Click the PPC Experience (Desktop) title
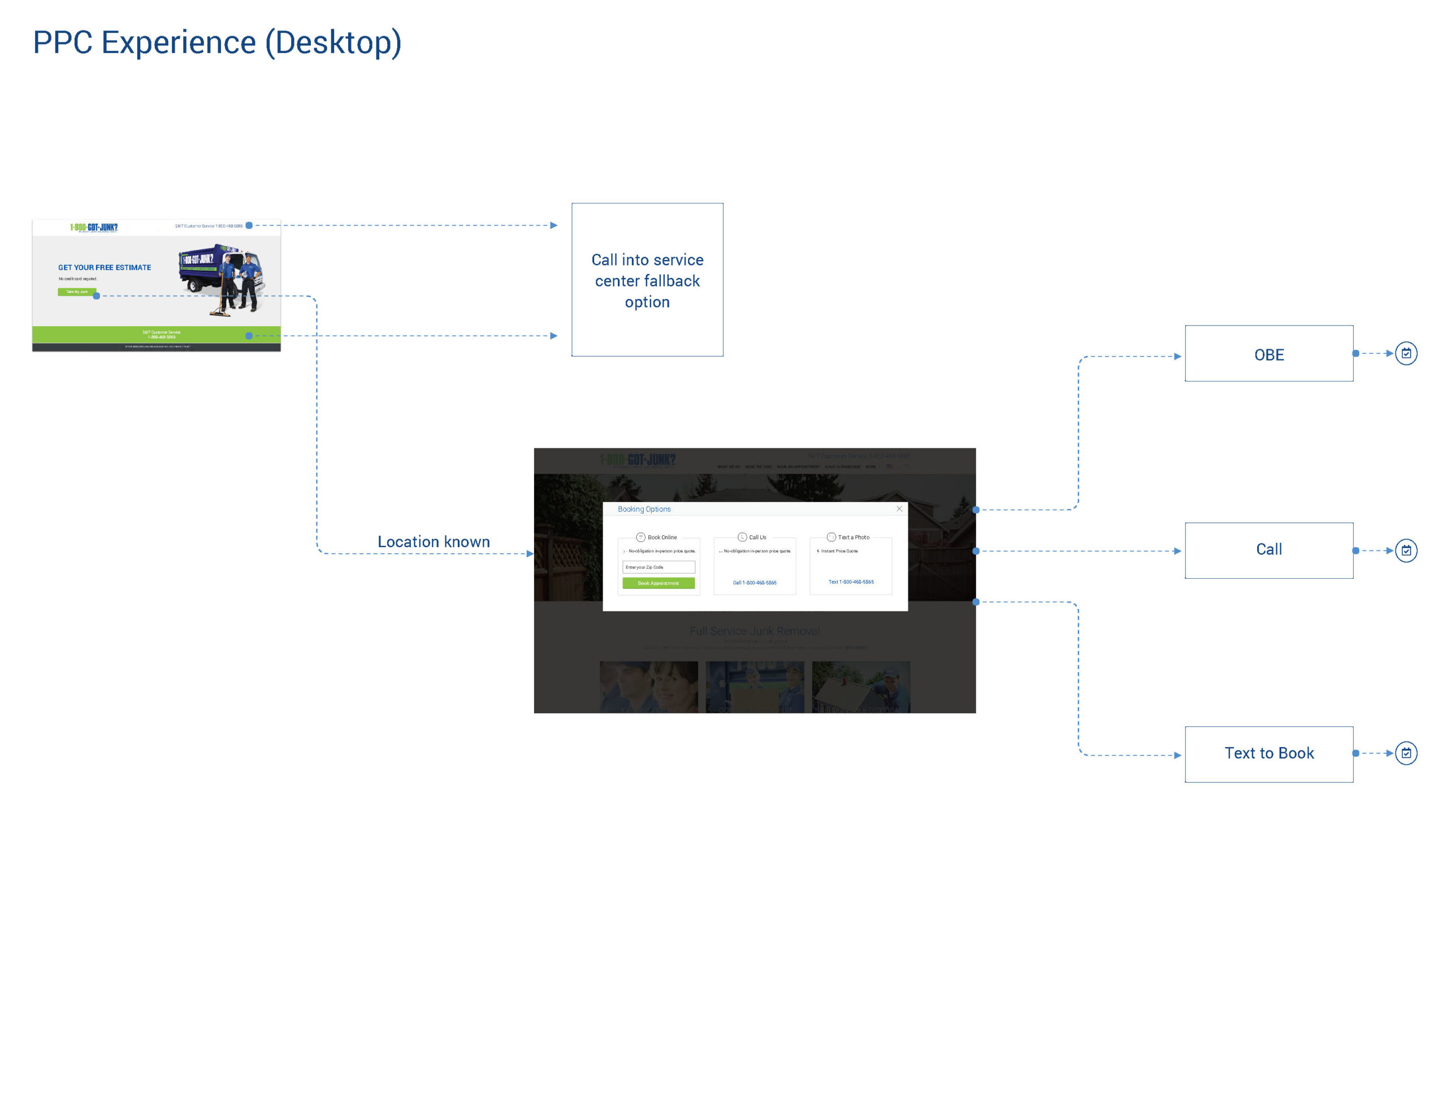(217, 42)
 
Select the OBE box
(1268, 354)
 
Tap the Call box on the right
(1268, 549)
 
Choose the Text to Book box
(1268, 753)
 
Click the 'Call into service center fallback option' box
(647, 280)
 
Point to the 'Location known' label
(434, 541)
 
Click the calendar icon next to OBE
(1406, 353)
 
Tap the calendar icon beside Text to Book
(1406, 753)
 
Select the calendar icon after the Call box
(1406, 550)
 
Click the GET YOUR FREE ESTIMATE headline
(105, 268)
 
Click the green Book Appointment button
(658, 583)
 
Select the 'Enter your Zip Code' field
(658, 567)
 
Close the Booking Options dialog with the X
(899, 508)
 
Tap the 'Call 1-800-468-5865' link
(754, 583)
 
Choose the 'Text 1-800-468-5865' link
(851, 582)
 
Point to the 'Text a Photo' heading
(853, 537)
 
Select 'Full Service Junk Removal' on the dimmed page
(754, 631)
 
